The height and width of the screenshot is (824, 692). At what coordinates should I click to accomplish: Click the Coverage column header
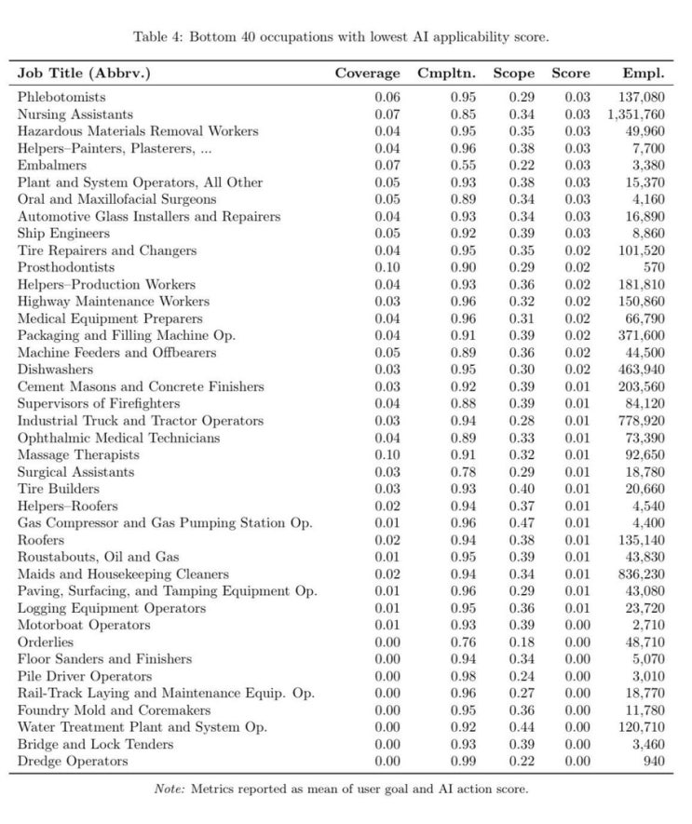click(367, 73)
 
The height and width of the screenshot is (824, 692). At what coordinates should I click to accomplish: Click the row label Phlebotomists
click(61, 97)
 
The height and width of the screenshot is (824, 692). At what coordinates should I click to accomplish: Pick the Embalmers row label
click(47, 166)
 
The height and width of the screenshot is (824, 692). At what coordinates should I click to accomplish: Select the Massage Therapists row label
click(78, 455)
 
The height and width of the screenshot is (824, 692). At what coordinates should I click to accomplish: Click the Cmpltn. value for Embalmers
click(463, 166)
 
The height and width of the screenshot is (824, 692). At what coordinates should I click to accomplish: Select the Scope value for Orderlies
click(522, 642)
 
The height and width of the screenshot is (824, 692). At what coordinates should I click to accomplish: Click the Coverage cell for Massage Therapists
click(387, 455)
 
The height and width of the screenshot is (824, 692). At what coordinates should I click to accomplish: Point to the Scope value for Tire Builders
click(522, 489)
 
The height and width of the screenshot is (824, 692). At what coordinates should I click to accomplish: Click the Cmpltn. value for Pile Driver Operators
click(463, 677)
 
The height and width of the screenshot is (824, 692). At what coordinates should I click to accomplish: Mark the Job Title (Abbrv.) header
click(84, 73)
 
